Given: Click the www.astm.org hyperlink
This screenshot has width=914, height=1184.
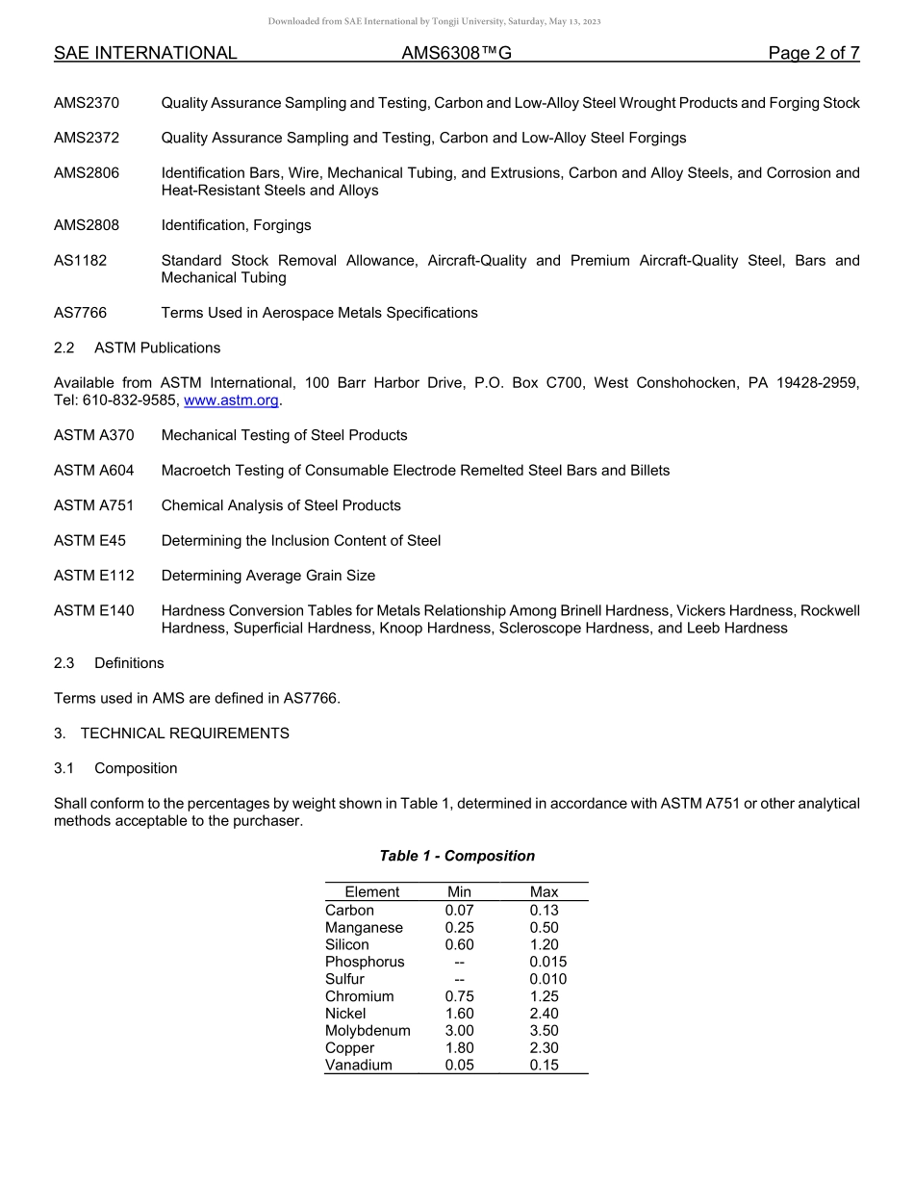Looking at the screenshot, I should click(232, 400).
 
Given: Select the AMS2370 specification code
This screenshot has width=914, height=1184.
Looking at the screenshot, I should click(87, 103).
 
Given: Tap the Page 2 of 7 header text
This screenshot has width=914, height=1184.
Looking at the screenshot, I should click(813, 54).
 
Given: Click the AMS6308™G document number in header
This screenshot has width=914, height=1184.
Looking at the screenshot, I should click(456, 54).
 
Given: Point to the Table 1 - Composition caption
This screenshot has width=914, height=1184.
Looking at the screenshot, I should click(457, 856).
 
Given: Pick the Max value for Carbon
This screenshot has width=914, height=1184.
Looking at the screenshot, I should click(544, 911).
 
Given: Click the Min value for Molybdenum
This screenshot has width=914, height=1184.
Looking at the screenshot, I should click(459, 1031).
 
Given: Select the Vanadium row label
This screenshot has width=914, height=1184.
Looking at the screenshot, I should click(359, 1066).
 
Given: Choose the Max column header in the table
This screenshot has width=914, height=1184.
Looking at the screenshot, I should click(544, 892).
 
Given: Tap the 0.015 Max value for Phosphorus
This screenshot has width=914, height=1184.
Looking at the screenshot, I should click(547, 962).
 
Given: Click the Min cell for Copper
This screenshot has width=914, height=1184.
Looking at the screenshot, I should click(459, 1048).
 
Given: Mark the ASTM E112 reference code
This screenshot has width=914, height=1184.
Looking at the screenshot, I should click(94, 576).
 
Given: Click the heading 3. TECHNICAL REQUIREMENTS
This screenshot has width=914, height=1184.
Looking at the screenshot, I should click(171, 734).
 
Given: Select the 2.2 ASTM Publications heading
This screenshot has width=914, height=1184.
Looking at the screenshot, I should click(137, 347).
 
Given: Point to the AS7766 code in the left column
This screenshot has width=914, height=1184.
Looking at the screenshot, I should click(80, 313).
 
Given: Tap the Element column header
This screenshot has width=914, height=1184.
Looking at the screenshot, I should click(371, 892).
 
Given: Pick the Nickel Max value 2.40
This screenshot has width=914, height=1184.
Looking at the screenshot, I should click(544, 1014).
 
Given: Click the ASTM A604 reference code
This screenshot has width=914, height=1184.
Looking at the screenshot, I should click(94, 471).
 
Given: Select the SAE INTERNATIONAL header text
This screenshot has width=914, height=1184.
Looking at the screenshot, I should click(145, 54).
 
